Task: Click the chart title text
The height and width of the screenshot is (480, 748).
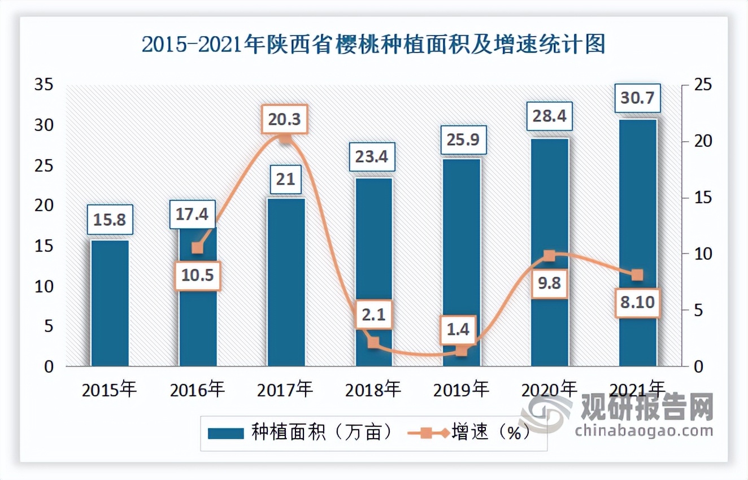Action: (373, 45)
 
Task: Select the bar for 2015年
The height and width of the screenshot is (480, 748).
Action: (110, 303)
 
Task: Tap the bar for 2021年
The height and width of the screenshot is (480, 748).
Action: (638, 243)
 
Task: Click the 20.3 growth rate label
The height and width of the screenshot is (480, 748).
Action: (285, 119)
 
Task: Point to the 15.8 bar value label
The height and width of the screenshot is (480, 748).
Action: (110, 220)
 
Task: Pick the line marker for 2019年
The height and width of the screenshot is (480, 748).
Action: (462, 351)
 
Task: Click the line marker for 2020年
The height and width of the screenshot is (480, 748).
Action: (549, 256)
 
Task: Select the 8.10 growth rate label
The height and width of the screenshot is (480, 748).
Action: (637, 302)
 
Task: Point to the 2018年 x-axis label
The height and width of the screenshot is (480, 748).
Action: (373, 389)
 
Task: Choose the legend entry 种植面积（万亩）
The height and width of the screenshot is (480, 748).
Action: (300, 433)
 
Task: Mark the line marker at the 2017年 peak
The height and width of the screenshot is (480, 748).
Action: (286, 138)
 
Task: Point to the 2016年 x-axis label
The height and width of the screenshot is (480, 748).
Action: (197, 389)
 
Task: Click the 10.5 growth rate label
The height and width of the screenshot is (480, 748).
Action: (197, 276)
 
